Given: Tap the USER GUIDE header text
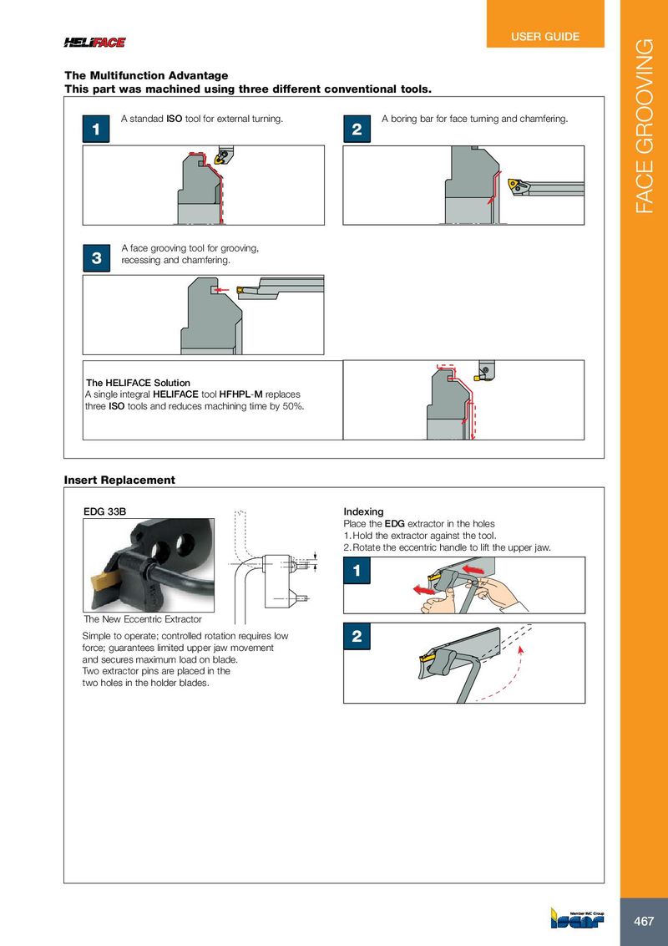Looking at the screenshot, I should (545, 37).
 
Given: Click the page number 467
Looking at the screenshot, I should (644, 922).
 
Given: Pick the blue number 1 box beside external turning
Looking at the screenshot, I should (96, 130).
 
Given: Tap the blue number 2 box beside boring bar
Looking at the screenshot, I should (357, 130).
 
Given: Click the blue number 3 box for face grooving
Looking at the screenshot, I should (96, 259).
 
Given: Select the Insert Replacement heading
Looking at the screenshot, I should (119, 480).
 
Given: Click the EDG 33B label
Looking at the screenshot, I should (104, 511).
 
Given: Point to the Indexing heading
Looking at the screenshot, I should (363, 511).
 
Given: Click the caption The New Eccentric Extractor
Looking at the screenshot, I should (143, 619).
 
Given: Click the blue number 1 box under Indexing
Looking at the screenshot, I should (357, 572).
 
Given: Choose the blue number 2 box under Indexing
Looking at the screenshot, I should (357, 638).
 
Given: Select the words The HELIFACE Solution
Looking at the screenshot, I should (139, 383).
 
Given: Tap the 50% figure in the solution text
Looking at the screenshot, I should (291, 406).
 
